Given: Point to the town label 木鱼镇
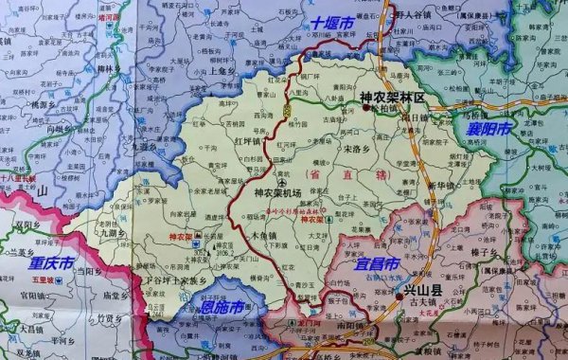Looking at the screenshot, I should [262, 234].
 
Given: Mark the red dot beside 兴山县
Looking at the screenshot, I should [395, 297].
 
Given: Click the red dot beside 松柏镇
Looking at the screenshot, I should [364, 108].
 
